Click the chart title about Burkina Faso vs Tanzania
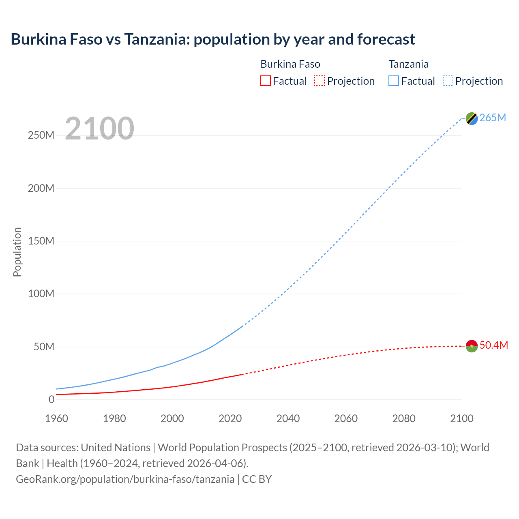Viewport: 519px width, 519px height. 213,39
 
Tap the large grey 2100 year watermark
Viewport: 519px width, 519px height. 99,129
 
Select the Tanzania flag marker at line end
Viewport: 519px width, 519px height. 472,118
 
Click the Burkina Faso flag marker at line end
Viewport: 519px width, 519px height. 472,346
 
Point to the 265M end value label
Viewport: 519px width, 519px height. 493,118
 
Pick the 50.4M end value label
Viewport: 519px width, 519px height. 493,345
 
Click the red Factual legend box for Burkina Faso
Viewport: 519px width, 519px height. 266,81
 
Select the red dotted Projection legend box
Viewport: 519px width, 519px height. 320,81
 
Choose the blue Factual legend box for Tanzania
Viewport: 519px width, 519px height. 394,81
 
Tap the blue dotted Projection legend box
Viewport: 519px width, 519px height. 448,81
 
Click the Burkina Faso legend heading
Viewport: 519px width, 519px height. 290,64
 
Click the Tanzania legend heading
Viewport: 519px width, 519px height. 409,64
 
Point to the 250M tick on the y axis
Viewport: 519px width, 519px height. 41,135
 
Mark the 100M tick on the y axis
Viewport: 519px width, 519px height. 41,294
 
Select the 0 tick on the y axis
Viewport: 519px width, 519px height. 51,399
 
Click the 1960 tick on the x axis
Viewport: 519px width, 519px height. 56,418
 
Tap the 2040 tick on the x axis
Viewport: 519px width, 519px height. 288,418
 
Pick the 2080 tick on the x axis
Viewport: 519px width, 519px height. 404,418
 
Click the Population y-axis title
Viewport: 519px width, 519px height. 17,252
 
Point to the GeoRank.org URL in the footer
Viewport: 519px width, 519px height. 125,479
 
